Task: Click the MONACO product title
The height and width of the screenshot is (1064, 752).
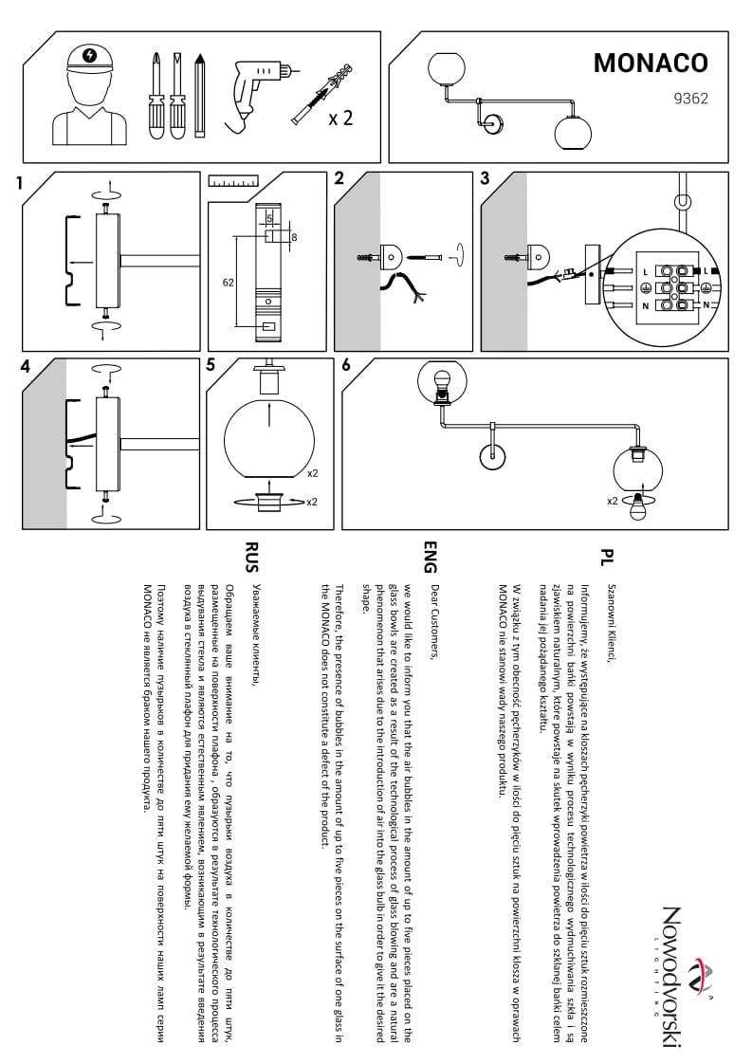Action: pyautogui.click(x=651, y=63)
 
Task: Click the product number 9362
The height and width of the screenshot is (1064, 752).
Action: pyautogui.click(x=691, y=96)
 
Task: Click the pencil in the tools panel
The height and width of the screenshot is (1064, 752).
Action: pyautogui.click(x=199, y=95)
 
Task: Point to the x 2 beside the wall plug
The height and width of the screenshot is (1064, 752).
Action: pyautogui.click(x=340, y=119)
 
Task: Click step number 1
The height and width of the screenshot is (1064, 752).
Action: pyautogui.click(x=20, y=184)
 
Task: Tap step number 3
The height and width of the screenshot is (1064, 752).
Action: pyautogui.click(x=485, y=178)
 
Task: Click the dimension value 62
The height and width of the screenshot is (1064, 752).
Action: pyautogui.click(x=228, y=283)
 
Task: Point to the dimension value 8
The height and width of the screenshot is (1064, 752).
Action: pyautogui.click(x=295, y=237)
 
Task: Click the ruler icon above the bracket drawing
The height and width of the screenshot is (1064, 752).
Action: pyautogui.click(x=233, y=181)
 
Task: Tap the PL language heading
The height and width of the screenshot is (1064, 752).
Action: pyautogui.click(x=607, y=555)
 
